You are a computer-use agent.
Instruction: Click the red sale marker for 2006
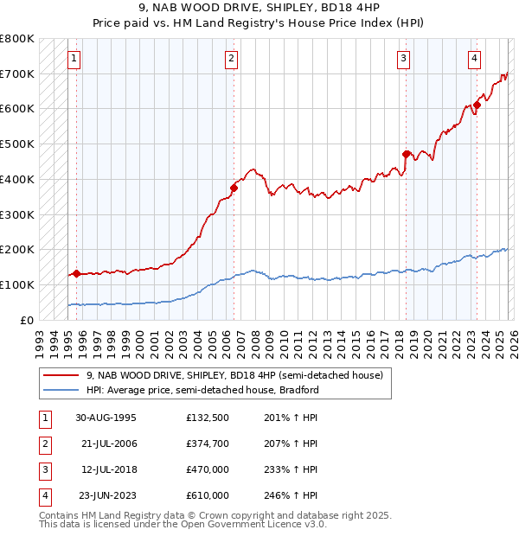tap(234, 187)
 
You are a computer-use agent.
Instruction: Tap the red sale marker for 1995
tap(76, 273)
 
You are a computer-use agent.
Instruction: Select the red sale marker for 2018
tap(406, 154)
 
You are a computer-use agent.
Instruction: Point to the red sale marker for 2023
tap(477, 105)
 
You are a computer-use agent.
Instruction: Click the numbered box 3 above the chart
tap(404, 59)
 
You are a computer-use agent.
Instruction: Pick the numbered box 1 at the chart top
tap(74, 59)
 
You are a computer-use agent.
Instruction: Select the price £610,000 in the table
tap(208, 495)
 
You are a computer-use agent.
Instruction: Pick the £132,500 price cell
tap(208, 418)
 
